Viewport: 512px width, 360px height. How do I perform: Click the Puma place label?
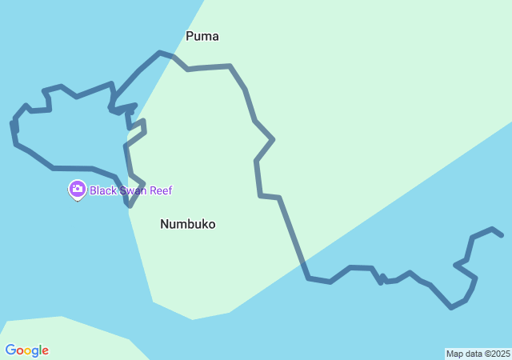click(202, 36)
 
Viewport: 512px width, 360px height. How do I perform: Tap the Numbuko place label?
click(187, 224)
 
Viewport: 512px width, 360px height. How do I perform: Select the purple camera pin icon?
click(77, 190)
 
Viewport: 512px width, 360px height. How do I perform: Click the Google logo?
click(26, 350)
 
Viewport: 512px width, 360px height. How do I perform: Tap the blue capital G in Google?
click(10, 350)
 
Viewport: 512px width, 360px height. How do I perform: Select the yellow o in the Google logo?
click(28, 351)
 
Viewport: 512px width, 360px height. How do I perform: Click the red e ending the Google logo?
click(45, 351)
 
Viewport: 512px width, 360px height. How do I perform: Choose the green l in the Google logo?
click(40, 350)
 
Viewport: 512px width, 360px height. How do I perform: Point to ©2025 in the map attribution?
click(498, 354)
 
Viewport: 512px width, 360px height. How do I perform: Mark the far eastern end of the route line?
click(502, 235)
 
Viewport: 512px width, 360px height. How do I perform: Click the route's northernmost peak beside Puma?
click(160, 52)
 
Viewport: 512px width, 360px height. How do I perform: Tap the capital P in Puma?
click(190, 36)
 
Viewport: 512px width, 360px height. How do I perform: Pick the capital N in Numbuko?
click(165, 224)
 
